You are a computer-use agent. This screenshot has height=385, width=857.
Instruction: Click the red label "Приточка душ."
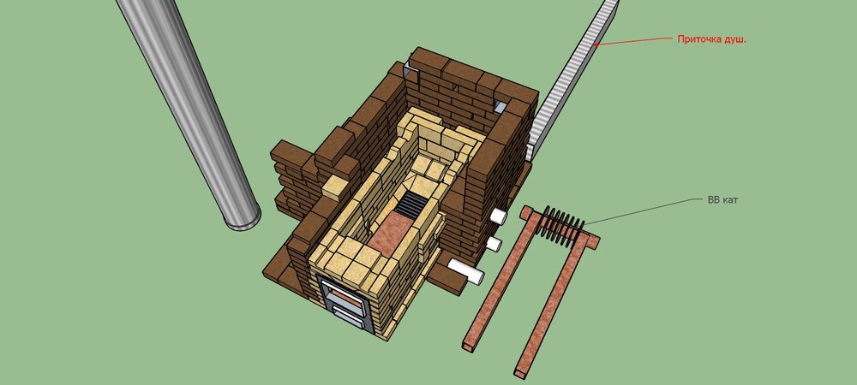(711, 39)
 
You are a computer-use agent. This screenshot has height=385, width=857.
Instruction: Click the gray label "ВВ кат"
(722, 200)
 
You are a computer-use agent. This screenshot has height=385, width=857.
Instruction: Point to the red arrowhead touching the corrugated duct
(597, 44)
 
